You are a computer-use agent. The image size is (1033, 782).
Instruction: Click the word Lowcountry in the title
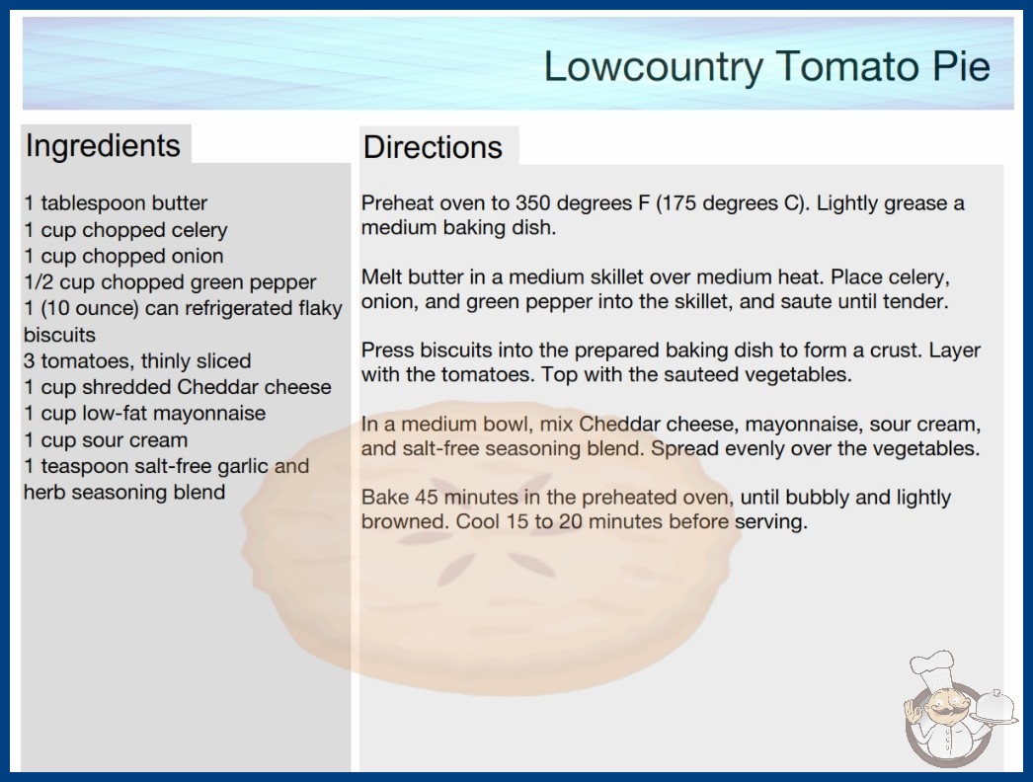(x=653, y=66)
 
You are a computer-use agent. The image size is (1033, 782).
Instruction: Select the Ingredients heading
(x=103, y=146)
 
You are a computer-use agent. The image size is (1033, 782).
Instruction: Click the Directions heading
(x=433, y=147)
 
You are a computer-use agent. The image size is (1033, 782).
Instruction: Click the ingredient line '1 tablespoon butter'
(x=116, y=203)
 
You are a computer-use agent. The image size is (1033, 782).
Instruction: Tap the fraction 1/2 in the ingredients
(x=39, y=282)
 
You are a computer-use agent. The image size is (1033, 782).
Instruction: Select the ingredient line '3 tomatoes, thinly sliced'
(x=137, y=361)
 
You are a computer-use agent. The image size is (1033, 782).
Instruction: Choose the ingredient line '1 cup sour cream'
(x=106, y=440)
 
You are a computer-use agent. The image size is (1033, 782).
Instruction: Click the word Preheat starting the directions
(x=397, y=203)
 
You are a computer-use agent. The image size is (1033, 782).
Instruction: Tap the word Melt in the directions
(x=380, y=276)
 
